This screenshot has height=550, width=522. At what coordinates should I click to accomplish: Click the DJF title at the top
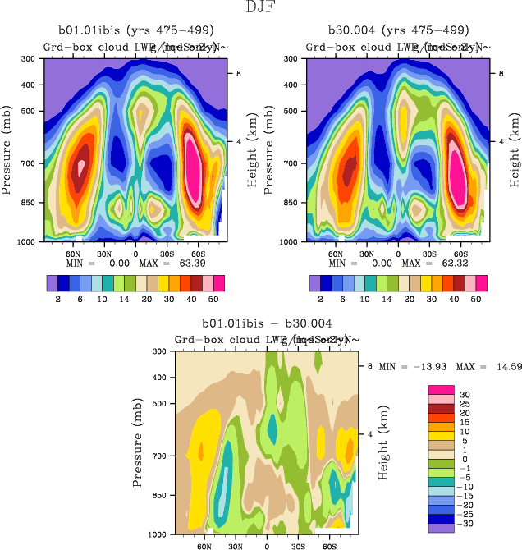point(261,7)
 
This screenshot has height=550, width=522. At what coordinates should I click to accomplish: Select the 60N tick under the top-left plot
point(73,254)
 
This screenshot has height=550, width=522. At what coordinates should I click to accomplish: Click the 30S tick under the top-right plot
point(428,254)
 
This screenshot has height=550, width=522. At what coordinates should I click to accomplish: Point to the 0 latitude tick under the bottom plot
point(267,545)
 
